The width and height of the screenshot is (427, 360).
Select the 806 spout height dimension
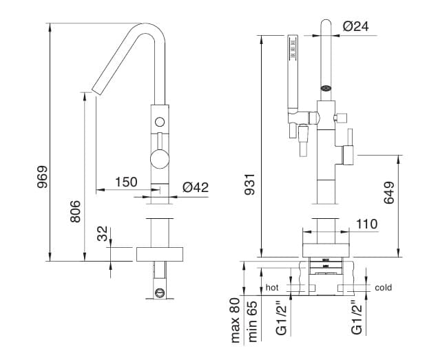[x=76, y=211]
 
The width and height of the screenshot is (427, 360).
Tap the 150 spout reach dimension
[x=126, y=182]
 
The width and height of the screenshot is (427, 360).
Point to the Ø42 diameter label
[x=196, y=187]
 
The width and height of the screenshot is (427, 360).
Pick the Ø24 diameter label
[x=357, y=26]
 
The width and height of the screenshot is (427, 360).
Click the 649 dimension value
[x=389, y=193]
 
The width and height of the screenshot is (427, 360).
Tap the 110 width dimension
[x=367, y=224]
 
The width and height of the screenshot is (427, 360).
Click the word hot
[x=272, y=287]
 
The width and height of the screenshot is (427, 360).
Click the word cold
[x=384, y=287]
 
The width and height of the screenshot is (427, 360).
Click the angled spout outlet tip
[x=96, y=90]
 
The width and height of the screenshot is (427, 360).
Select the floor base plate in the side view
[x=160, y=253]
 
